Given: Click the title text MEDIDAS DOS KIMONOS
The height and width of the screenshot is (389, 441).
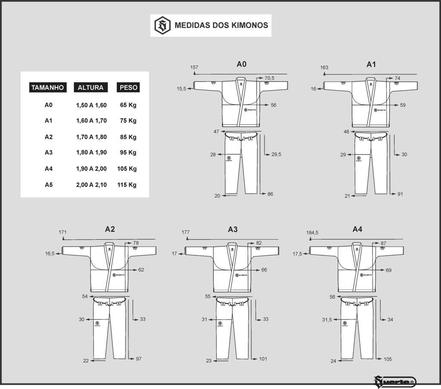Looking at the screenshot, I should point(221,25).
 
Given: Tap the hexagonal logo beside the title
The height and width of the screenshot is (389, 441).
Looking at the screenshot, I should point(162,25).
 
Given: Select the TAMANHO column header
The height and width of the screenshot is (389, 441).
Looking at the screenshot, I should point(47,88).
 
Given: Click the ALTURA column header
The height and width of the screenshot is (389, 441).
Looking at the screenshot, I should point(90,88).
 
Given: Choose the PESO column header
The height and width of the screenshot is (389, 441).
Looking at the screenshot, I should point(128,88).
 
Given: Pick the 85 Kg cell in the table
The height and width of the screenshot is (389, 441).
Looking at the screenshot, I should point(128,137).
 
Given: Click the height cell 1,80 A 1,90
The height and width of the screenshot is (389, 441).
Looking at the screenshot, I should point(91,153).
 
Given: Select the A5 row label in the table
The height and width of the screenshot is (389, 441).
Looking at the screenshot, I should point(49,185).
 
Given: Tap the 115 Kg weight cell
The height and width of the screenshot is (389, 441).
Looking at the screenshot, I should point(127,185).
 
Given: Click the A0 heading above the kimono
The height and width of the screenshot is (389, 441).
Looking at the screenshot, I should point(241,64).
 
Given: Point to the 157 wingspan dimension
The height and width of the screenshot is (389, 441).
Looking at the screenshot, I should point(194,67).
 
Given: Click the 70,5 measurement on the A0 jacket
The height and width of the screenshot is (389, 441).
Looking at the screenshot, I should point(269,78).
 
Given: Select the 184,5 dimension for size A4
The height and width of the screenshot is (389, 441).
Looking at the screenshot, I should point(312,233).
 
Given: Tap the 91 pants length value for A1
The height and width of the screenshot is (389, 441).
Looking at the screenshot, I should point(400,194).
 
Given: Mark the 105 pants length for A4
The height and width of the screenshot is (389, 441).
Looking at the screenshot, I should point(388,359).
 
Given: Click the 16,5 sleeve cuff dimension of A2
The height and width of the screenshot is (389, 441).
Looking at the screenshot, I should point(50,254).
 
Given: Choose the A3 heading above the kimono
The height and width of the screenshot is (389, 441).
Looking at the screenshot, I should point(233,229).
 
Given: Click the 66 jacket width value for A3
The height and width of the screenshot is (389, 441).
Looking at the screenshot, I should point(264,270).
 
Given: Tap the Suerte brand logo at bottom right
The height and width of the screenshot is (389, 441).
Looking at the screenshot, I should point(394,381).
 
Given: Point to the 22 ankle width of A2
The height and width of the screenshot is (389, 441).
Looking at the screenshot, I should point(86,361).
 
